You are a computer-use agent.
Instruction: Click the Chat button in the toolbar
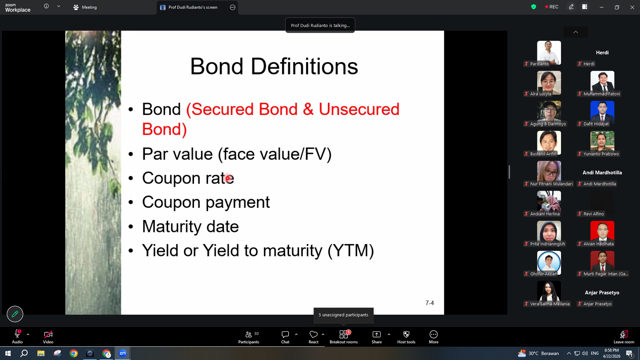pos(285,337)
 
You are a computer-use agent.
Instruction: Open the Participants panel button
pos(249,337)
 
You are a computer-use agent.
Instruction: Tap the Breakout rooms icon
pos(344,334)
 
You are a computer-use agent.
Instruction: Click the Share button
pos(377,337)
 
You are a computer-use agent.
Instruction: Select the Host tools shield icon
pos(406,334)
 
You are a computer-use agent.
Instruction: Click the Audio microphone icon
pos(17,334)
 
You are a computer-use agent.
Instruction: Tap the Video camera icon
pos(48,334)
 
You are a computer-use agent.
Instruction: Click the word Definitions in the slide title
pos(304,66)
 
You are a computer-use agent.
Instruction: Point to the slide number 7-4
pos(430,303)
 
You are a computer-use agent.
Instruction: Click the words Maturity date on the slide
pos(190,227)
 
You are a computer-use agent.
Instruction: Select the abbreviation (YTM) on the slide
pos(351,251)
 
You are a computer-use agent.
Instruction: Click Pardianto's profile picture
pos(549,53)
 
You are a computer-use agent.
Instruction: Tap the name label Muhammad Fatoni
pos(602,94)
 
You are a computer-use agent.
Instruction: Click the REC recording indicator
pos(552,7)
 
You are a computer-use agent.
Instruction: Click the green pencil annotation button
pos(15,314)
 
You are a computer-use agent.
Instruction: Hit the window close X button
pos(632,7)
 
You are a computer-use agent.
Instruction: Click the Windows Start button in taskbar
pos(8,353)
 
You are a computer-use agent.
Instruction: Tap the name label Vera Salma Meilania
pos(550,304)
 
